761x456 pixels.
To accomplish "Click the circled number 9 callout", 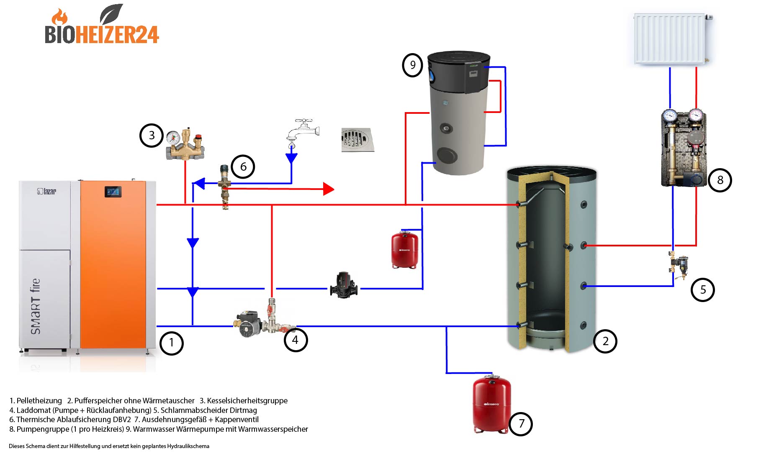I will [413, 65].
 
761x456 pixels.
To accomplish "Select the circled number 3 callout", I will [152, 136].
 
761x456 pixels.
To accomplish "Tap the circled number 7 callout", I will [521, 424].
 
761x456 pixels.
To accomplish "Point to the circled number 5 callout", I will [703, 289].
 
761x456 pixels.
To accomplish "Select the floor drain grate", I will [357, 140].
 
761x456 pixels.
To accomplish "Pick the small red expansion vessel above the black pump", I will [404, 249].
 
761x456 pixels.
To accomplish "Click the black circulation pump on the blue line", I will [343, 285].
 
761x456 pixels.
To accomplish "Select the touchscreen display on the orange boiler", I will [113, 192].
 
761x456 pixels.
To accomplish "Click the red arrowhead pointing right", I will [329, 189].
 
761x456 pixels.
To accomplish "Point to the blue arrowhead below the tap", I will [291, 158].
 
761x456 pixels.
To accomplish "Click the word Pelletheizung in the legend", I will [39, 401].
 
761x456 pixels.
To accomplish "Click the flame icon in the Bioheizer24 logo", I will [60, 17].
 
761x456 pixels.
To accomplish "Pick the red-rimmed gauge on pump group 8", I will [696, 115].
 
